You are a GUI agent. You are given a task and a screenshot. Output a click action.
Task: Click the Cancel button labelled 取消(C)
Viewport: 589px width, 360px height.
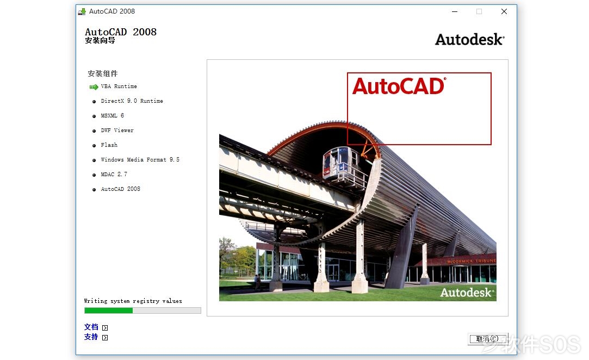click(488, 339)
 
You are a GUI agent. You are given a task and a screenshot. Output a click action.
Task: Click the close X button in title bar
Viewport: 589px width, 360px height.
click(504, 11)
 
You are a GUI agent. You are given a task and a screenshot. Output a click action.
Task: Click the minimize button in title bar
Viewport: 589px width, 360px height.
click(455, 11)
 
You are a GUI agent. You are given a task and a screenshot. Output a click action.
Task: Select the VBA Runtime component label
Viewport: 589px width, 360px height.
click(119, 86)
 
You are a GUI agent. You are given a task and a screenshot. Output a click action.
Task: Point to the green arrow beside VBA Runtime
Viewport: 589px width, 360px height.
click(94, 87)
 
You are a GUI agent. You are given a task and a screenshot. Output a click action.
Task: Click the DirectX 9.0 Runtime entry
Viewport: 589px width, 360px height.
click(132, 101)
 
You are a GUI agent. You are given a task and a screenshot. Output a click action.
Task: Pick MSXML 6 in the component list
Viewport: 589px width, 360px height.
click(113, 116)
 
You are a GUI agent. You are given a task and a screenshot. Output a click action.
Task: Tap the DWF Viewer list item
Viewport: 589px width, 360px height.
click(117, 131)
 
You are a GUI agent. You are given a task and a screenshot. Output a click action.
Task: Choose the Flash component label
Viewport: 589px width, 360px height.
click(109, 145)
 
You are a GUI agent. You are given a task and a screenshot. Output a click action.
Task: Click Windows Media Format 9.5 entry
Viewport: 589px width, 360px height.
click(140, 160)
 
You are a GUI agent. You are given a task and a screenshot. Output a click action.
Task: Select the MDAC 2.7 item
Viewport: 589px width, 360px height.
click(114, 175)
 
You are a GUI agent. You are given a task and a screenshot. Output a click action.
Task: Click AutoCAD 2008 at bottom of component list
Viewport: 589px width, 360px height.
click(120, 189)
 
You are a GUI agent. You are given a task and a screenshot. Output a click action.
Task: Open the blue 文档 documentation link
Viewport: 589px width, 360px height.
click(91, 327)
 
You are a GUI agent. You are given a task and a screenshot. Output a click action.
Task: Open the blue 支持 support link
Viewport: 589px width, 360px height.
click(91, 337)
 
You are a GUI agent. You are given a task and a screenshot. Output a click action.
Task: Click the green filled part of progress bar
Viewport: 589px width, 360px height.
click(109, 311)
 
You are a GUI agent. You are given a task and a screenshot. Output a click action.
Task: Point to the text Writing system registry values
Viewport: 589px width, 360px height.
click(133, 301)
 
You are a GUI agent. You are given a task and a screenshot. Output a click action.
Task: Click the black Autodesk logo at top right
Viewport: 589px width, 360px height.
click(469, 40)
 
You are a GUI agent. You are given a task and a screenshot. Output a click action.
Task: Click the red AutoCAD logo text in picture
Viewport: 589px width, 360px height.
click(399, 86)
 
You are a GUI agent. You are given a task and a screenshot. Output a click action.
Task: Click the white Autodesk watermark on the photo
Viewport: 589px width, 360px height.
click(467, 293)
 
